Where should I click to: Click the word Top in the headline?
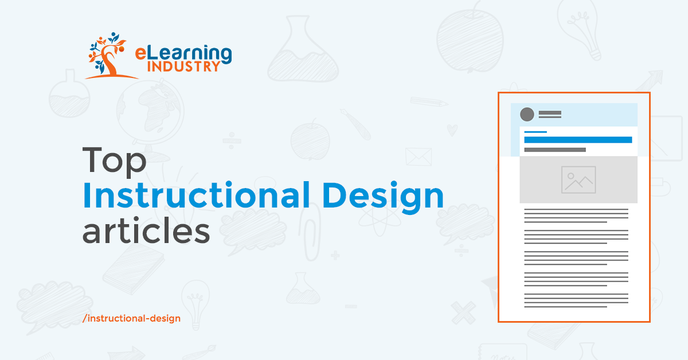click(x=114, y=161)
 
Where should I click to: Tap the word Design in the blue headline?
click(x=383, y=197)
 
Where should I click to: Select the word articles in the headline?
click(x=146, y=230)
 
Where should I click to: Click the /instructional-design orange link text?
click(x=131, y=319)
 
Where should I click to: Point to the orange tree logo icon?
click(x=108, y=55)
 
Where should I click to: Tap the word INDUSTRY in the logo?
click(x=183, y=66)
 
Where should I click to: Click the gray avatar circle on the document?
click(x=527, y=114)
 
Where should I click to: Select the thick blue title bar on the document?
click(x=578, y=140)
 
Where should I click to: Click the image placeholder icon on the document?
click(x=578, y=179)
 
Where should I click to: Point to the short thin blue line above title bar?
click(x=535, y=132)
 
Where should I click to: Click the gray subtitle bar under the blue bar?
click(x=555, y=150)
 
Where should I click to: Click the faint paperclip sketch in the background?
click(x=310, y=232)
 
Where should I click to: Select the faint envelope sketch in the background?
click(x=419, y=156)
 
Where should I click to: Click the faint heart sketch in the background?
click(x=452, y=130)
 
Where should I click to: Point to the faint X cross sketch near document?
click(x=463, y=312)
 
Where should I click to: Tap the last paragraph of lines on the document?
click(x=576, y=300)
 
